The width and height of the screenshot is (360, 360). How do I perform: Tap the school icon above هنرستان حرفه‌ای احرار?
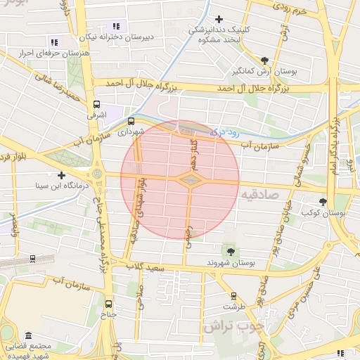(x=54, y=42)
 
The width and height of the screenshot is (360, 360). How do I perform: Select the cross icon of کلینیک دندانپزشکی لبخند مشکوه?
(x=219, y=19)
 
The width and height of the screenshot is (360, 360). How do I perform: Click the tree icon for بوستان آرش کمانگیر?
(x=264, y=61)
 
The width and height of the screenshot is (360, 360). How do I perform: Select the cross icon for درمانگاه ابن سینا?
(x=62, y=175)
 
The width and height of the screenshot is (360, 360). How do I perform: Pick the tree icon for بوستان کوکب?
(x=323, y=201)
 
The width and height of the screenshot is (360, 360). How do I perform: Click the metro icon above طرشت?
(x=233, y=296)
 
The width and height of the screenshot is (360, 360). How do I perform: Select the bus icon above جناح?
(x=108, y=304)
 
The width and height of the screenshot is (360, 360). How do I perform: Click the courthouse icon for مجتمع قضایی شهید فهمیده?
(x=28, y=336)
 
